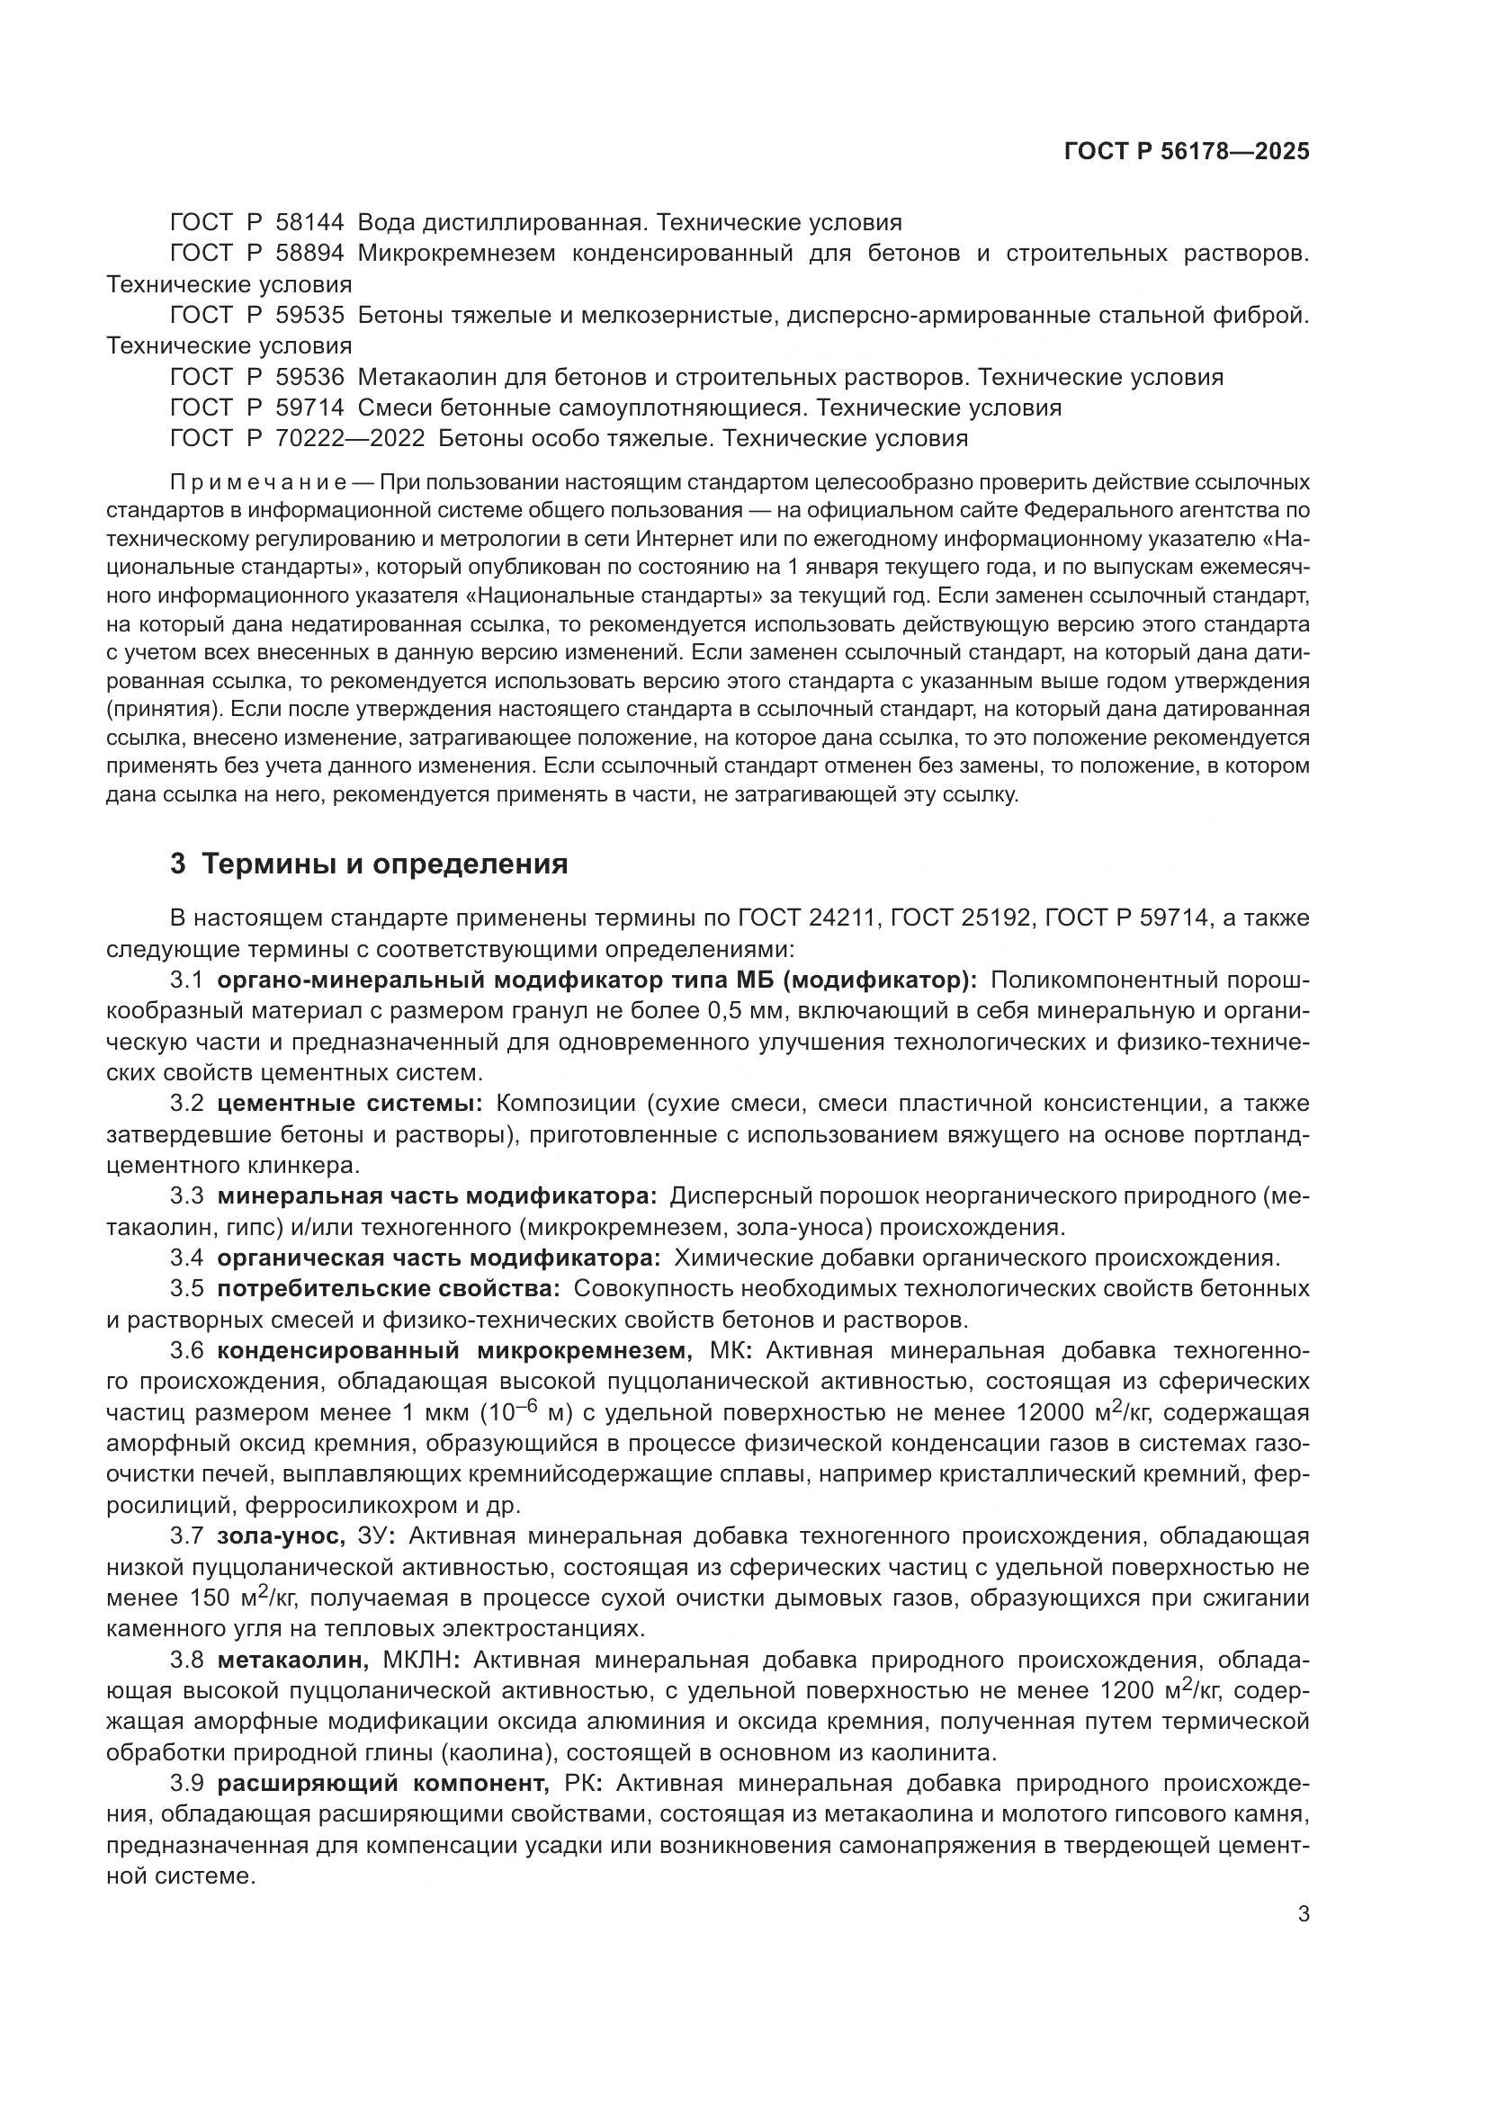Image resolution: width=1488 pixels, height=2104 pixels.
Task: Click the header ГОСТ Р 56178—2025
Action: tap(1187, 152)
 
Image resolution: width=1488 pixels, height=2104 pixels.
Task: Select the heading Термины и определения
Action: tap(384, 864)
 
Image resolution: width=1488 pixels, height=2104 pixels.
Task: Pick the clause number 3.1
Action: tap(186, 980)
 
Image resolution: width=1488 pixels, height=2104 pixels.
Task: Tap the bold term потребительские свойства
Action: tap(389, 1288)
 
